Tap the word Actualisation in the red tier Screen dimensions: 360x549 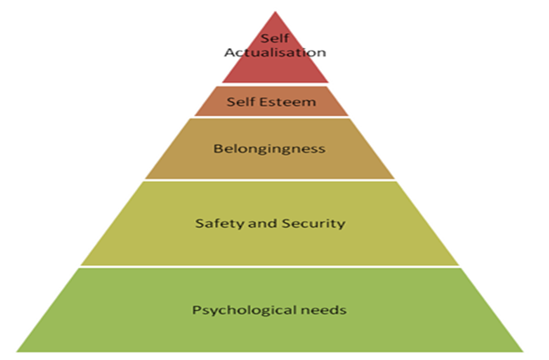click(x=274, y=53)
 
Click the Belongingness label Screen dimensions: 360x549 click(x=270, y=149)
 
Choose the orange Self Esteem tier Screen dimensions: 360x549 click(x=322, y=103)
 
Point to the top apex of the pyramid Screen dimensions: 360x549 click(x=271, y=11)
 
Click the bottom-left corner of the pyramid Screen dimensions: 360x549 click(x=18, y=351)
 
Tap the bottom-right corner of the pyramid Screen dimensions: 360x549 click(x=523, y=351)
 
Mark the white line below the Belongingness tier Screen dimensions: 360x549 click(x=270, y=180)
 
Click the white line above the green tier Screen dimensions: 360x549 click(x=270, y=268)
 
